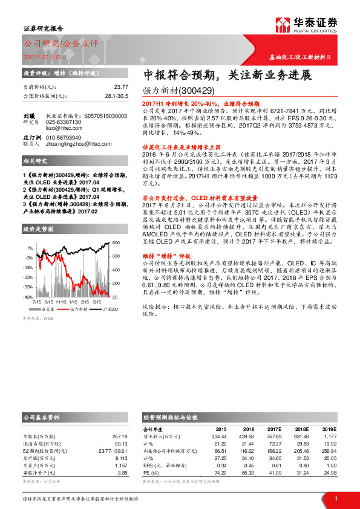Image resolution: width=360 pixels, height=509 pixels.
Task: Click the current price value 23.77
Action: [120, 87]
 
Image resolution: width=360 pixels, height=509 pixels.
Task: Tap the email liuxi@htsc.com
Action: [65, 128]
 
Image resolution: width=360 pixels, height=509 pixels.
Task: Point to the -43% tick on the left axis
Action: [29, 297]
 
